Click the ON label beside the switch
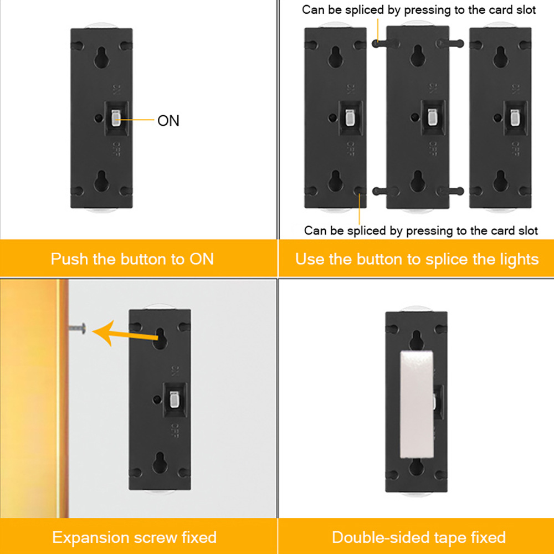pos(168,121)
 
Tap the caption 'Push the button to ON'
pos(132,259)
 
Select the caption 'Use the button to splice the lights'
pos(417,259)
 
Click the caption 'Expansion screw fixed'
pos(134,537)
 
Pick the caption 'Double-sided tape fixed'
pos(418,537)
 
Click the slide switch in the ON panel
pos(116,117)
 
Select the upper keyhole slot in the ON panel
pos(101,57)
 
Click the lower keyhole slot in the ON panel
pos(101,181)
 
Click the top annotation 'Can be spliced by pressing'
pos(418,10)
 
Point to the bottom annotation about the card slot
pos(420,230)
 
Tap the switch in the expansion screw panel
pos(174,399)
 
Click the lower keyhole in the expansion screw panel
pos(160,461)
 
